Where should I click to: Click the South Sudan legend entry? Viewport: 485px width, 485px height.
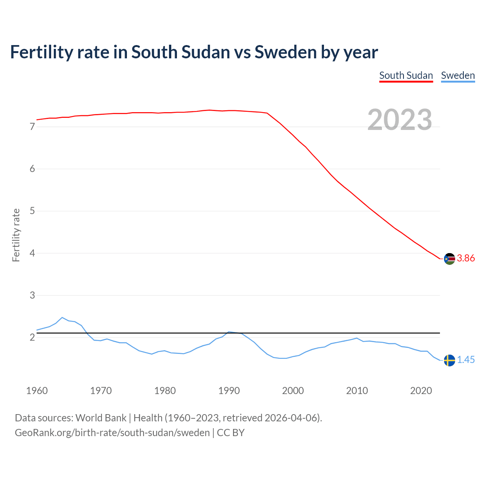click(x=406, y=75)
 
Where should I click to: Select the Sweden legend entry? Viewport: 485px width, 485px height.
click(x=458, y=75)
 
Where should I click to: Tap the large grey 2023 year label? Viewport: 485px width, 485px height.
click(x=400, y=120)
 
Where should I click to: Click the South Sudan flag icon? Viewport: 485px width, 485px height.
click(x=449, y=259)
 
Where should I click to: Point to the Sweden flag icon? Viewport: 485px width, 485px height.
click(x=449, y=360)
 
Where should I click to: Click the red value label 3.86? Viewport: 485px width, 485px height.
click(x=466, y=258)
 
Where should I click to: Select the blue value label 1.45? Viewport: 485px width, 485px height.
click(x=466, y=360)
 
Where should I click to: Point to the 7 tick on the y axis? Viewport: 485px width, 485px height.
click(x=32, y=127)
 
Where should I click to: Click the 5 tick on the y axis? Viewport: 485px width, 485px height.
click(x=32, y=211)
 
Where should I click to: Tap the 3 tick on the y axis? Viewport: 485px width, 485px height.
click(x=32, y=295)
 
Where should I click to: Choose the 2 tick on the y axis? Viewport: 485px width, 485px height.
click(x=32, y=337)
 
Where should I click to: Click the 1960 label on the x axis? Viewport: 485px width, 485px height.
click(x=37, y=391)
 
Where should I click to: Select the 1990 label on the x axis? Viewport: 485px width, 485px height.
click(x=229, y=391)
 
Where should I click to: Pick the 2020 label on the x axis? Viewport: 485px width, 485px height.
click(x=421, y=391)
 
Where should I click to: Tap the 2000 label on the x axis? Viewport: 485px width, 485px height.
click(x=293, y=391)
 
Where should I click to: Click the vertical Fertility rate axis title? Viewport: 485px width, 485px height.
click(x=16, y=235)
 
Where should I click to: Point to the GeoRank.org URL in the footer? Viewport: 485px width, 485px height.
click(x=112, y=433)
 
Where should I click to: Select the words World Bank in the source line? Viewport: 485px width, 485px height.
click(x=101, y=418)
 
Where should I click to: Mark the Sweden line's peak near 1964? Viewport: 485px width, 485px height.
click(x=62, y=318)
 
